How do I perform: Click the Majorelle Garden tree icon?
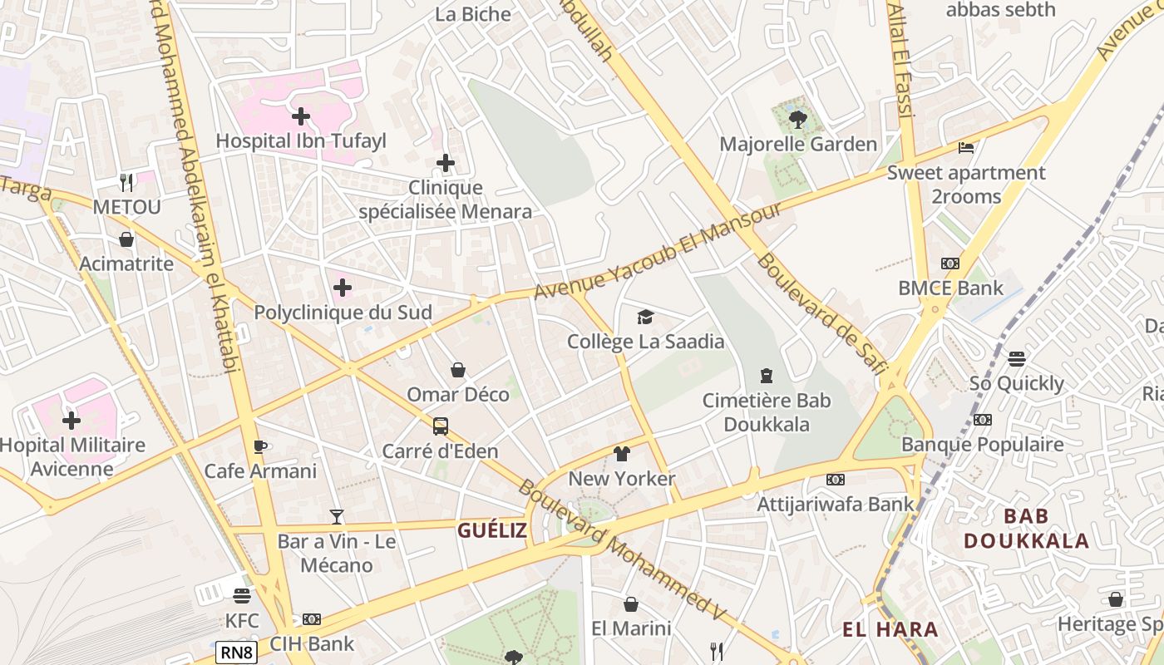(x=797, y=120)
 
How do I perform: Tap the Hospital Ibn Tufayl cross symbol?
(x=301, y=116)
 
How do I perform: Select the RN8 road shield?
(x=236, y=653)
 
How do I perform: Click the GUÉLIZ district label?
(x=492, y=530)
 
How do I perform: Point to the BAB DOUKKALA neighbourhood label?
(x=1026, y=529)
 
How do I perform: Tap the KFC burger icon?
(x=242, y=596)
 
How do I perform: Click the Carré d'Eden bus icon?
(x=440, y=426)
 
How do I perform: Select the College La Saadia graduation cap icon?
(x=645, y=317)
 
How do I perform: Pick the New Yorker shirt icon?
(x=622, y=454)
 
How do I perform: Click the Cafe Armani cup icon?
(x=260, y=446)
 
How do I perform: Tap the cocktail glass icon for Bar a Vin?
(x=336, y=517)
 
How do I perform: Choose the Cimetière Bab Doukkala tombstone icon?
(x=766, y=376)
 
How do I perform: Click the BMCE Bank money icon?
(x=949, y=264)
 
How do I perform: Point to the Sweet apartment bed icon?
(x=965, y=148)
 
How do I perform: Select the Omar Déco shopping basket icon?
(x=457, y=369)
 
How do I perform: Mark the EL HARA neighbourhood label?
(x=890, y=629)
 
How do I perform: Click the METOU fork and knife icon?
(x=126, y=181)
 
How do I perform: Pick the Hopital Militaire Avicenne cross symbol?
(x=72, y=421)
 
